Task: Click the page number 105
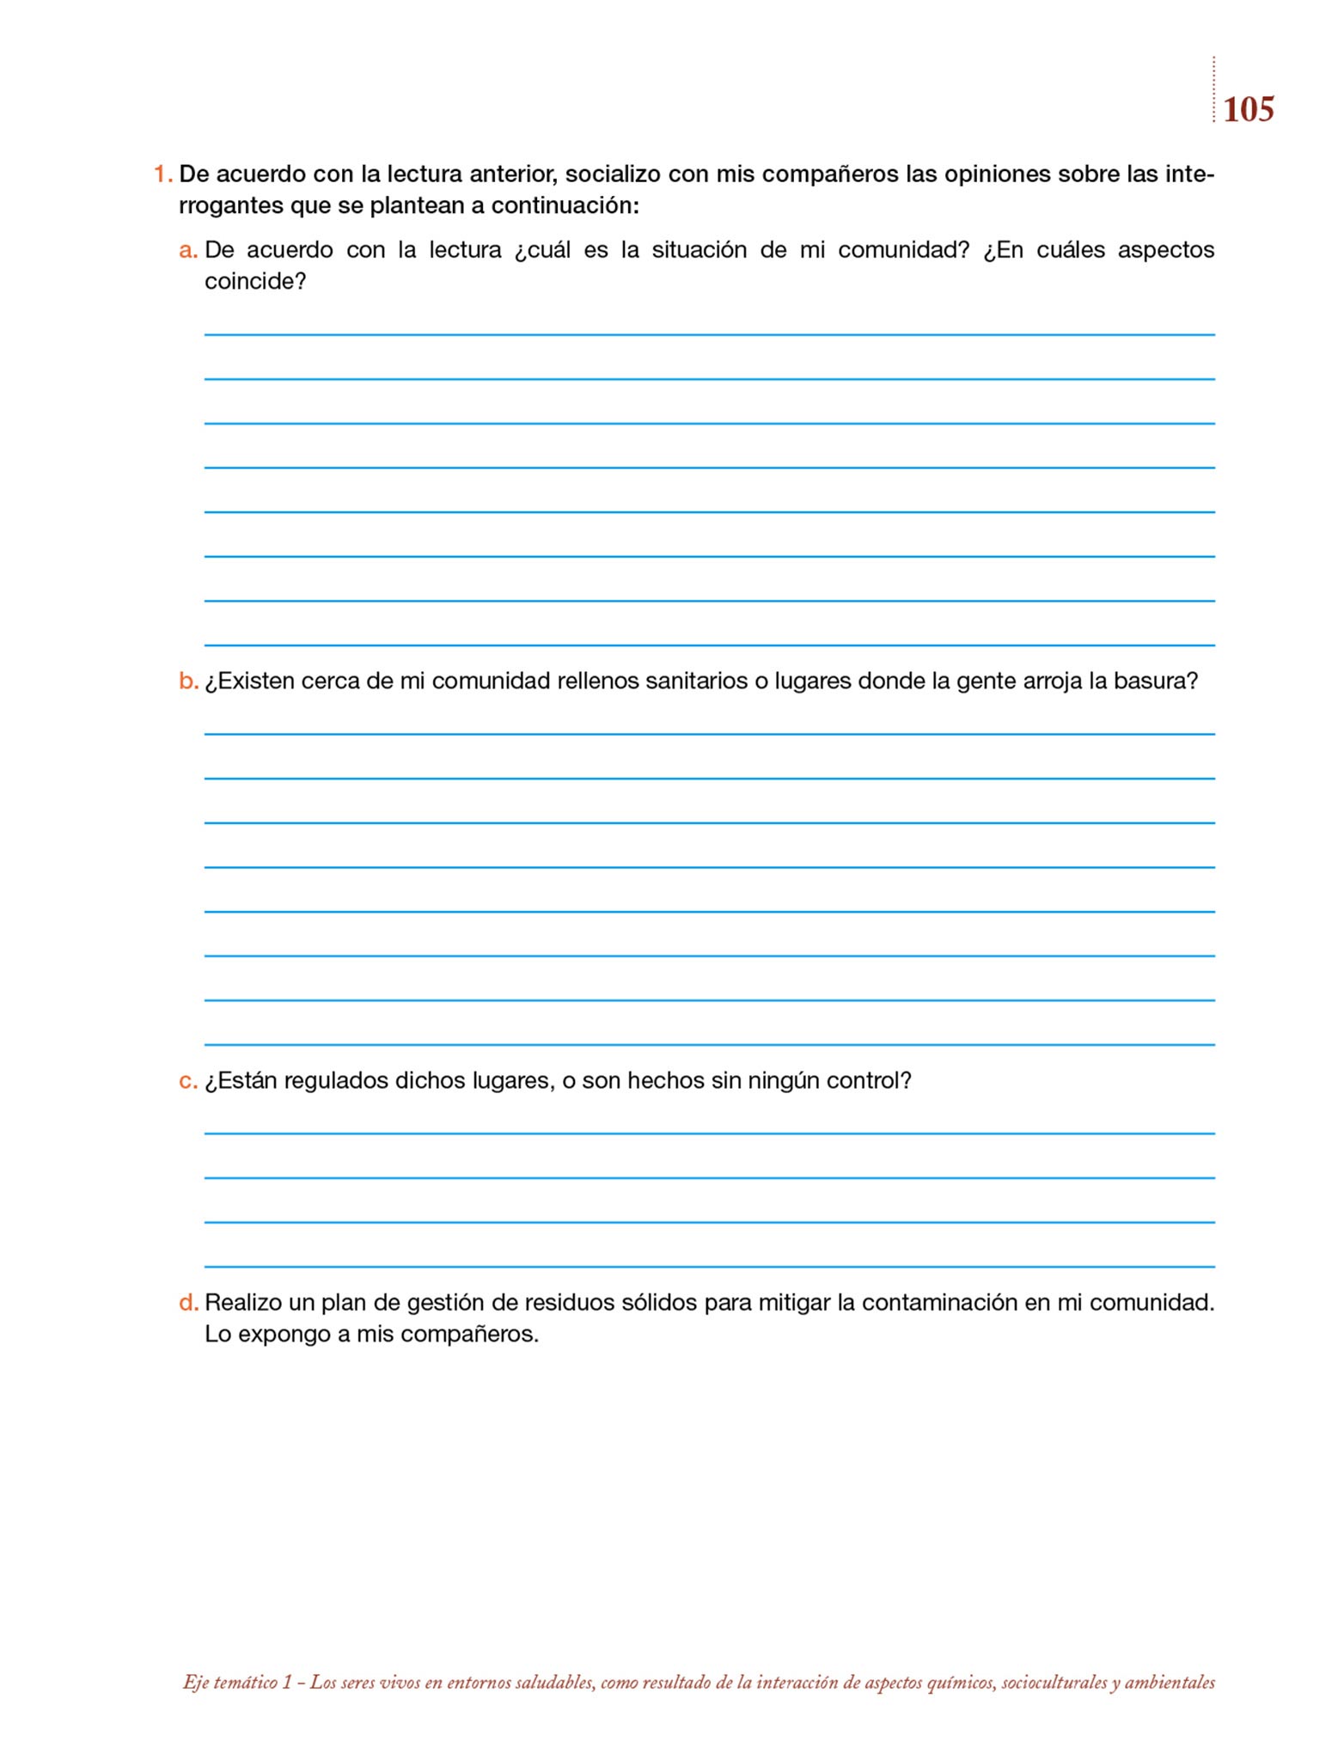pyautogui.click(x=1248, y=110)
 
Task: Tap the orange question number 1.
pyautogui.click(x=162, y=174)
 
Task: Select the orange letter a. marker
pyautogui.click(x=188, y=250)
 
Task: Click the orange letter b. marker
pyautogui.click(x=188, y=681)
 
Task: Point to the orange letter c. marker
pyautogui.click(x=188, y=1080)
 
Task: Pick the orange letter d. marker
pyautogui.click(x=188, y=1303)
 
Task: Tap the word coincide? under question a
pyautogui.click(x=255, y=282)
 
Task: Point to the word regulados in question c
pyautogui.click(x=336, y=1080)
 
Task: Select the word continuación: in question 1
pyautogui.click(x=565, y=206)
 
